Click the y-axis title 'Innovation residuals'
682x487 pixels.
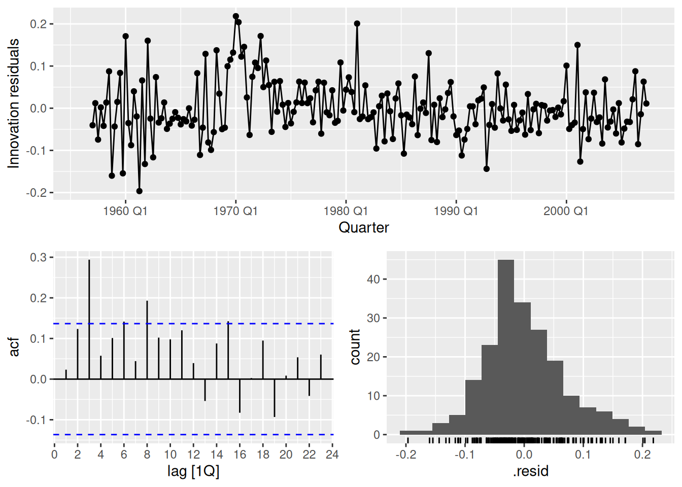[14, 103]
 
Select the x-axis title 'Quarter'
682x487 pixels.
[363, 227]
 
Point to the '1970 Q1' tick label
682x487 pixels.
[235, 211]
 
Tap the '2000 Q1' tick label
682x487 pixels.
[566, 211]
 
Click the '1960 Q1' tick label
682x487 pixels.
[125, 211]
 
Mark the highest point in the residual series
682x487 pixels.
[236, 16]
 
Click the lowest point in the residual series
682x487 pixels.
[139, 191]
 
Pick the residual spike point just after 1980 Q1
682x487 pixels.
[357, 23]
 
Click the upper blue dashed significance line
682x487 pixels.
[203, 323]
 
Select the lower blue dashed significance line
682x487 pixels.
[203, 434]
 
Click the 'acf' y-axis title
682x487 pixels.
[14, 347]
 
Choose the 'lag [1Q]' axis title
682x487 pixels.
[193, 471]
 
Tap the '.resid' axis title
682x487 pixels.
[531, 471]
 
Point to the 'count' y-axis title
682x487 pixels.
[355, 347]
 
